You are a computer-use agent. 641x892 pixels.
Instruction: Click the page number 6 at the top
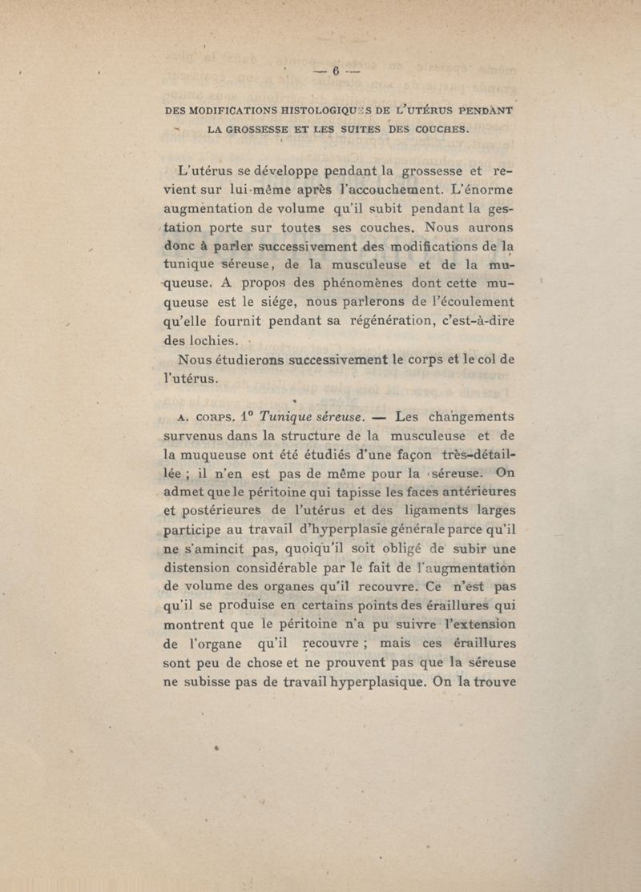click(x=336, y=71)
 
